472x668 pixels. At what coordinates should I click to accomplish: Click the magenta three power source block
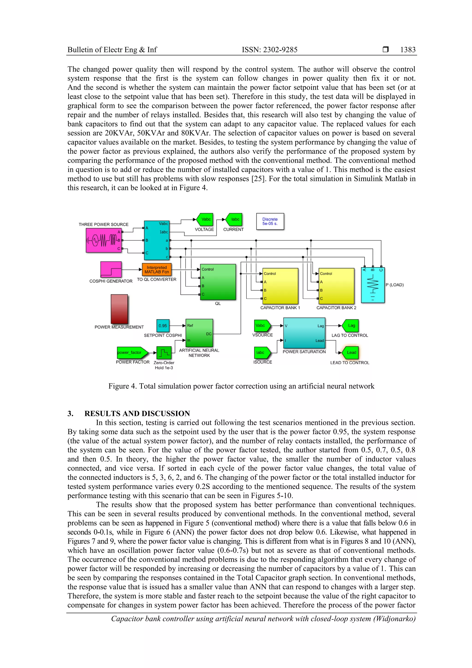click(x=103, y=240)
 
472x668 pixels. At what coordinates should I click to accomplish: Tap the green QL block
click(x=218, y=282)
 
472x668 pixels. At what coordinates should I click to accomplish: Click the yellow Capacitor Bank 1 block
click(x=280, y=286)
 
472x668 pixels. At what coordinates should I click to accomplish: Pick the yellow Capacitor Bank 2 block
click(x=336, y=286)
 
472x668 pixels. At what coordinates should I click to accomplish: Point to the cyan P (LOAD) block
click(x=373, y=285)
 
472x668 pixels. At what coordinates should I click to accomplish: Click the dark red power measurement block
click(x=119, y=309)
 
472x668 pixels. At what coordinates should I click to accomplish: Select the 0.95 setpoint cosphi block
click(x=163, y=326)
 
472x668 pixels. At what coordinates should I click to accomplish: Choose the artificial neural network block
click(x=199, y=333)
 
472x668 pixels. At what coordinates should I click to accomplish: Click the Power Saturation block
click(x=304, y=333)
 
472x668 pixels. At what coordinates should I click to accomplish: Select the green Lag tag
click(x=351, y=326)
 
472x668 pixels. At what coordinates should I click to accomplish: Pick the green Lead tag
click(x=351, y=353)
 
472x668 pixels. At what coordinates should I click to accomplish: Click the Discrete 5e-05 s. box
click(x=270, y=221)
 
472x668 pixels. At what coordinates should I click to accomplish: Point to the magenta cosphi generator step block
click(x=111, y=269)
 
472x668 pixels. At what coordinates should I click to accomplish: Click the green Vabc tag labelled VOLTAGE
click(x=205, y=219)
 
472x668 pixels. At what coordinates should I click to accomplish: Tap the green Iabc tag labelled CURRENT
click(x=234, y=219)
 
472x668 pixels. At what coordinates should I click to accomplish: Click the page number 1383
click(x=408, y=50)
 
